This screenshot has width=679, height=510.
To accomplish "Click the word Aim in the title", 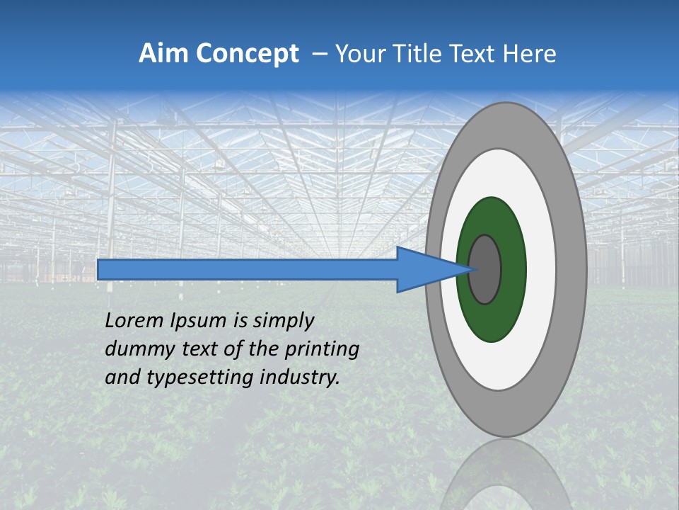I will coord(163,54).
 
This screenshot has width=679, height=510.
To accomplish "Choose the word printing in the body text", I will coord(323,350).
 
